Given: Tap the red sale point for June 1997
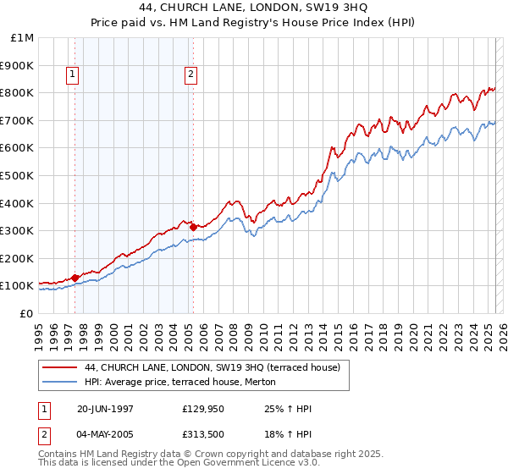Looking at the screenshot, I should click(x=75, y=277).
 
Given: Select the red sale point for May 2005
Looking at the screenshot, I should click(x=193, y=226).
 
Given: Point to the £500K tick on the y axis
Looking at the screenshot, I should click(x=18, y=175).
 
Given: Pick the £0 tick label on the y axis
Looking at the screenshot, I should click(x=26, y=313).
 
